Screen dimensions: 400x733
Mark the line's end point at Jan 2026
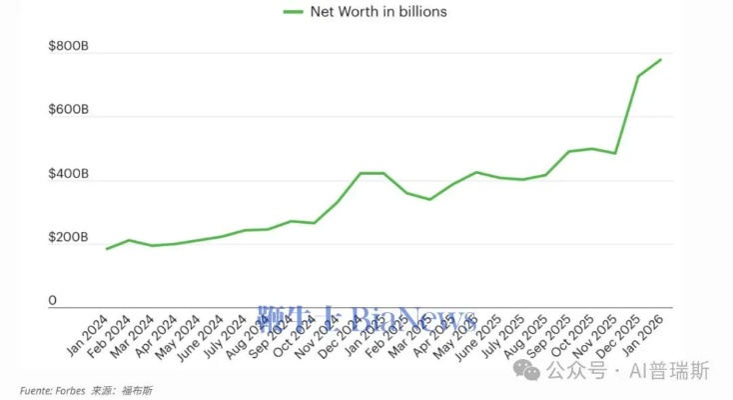tap(661, 59)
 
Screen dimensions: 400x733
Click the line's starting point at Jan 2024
tap(105, 249)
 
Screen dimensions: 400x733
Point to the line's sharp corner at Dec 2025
tap(638, 76)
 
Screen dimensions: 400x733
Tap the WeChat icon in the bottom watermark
tap(526, 371)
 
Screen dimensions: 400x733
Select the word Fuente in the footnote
tap(35, 389)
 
